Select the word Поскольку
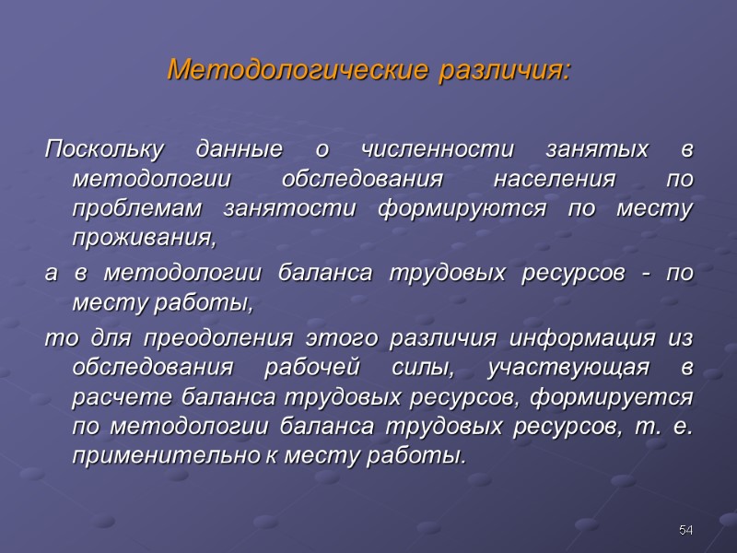pyautogui.click(x=104, y=150)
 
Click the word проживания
pyautogui.click(x=143, y=240)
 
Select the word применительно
pyautogui.click(x=154, y=456)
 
